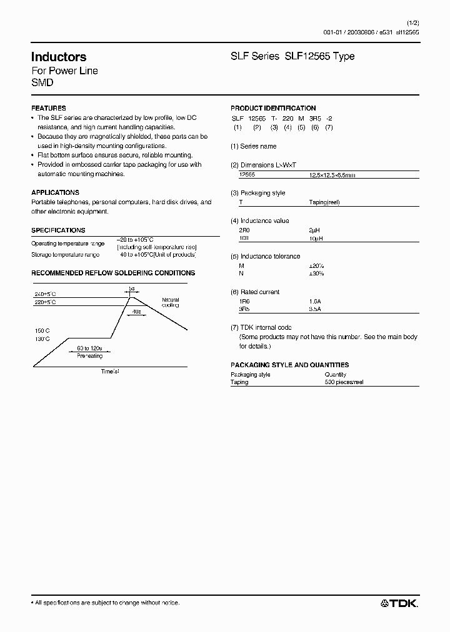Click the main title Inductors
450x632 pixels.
pyautogui.click(x=59, y=57)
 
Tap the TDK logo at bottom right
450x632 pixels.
pyautogui.click(x=399, y=603)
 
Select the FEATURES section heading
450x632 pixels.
pyautogui.click(x=48, y=108)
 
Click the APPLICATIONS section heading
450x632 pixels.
pyautogui.click(x=55, y=193)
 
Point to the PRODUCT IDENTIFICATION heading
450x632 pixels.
pyautogui.click(x=273, y=108)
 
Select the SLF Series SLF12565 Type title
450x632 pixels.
pyautogui.click(x=292, y=57)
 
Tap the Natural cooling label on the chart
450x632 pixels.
pyautogui.click(x=170, y=302)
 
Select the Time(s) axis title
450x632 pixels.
pyautogui.click(x=110, y=371)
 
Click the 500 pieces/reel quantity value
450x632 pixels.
pyautogui.click(x=344, y=382)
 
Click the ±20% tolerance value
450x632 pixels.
pyautogui.click(x=316, y=265)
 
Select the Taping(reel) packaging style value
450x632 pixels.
pyautogui.click(x=324, y=202)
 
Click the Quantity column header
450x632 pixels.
pyautogui.click(x=336, y=375)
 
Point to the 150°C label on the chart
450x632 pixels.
pyautogui.click(x=42, y=331)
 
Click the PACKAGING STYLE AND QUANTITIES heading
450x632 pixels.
pyautogui.click(x=289, y=365)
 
